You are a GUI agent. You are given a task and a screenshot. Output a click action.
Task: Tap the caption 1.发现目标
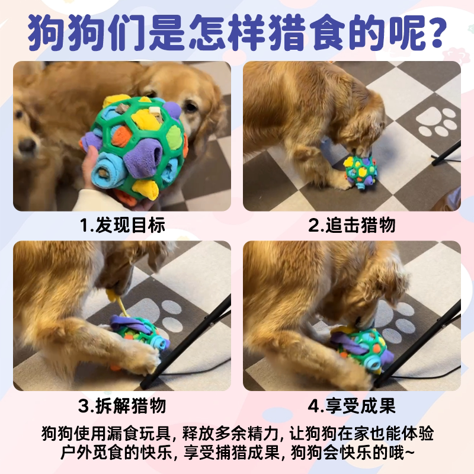123,225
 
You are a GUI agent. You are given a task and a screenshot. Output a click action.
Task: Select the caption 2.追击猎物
352,225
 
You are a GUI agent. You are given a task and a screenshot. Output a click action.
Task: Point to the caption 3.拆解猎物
122,405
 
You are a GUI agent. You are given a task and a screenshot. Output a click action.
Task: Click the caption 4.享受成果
351,405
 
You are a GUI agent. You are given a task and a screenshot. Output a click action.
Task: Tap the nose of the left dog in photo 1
27,145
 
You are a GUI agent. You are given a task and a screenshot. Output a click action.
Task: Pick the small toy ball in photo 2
361,172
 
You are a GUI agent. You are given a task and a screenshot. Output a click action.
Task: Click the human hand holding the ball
91,169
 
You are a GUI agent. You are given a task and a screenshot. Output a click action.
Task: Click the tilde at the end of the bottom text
409,453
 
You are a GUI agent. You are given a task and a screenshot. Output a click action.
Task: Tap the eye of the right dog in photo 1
190,107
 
